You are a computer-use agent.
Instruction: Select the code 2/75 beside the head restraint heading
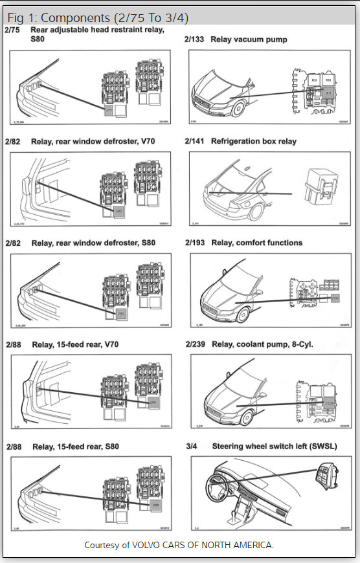coord(12,30)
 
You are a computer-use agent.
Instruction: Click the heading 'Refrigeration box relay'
coord(253,141)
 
